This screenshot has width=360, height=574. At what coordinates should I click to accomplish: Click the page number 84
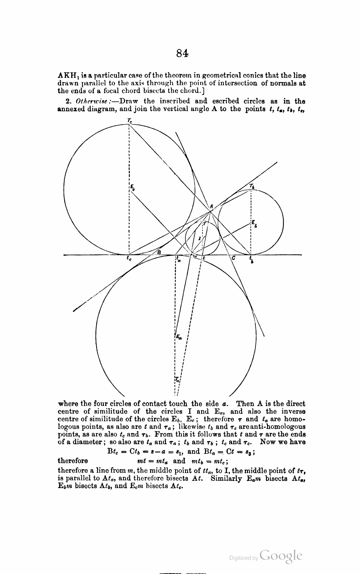pos(182,53)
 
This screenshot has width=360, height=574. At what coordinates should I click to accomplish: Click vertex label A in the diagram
pos(211,207)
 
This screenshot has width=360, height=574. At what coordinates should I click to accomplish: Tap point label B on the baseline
pos(159,251)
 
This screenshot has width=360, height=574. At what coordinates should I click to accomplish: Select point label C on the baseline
pos(234,258)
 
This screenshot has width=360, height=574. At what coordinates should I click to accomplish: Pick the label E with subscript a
pos(179,337)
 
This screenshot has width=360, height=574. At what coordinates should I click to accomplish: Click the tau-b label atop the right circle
pos(252,186)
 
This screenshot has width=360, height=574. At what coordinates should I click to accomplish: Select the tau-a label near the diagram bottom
pos(177,379)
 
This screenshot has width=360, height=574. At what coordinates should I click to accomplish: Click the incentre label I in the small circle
pos(199,238)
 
